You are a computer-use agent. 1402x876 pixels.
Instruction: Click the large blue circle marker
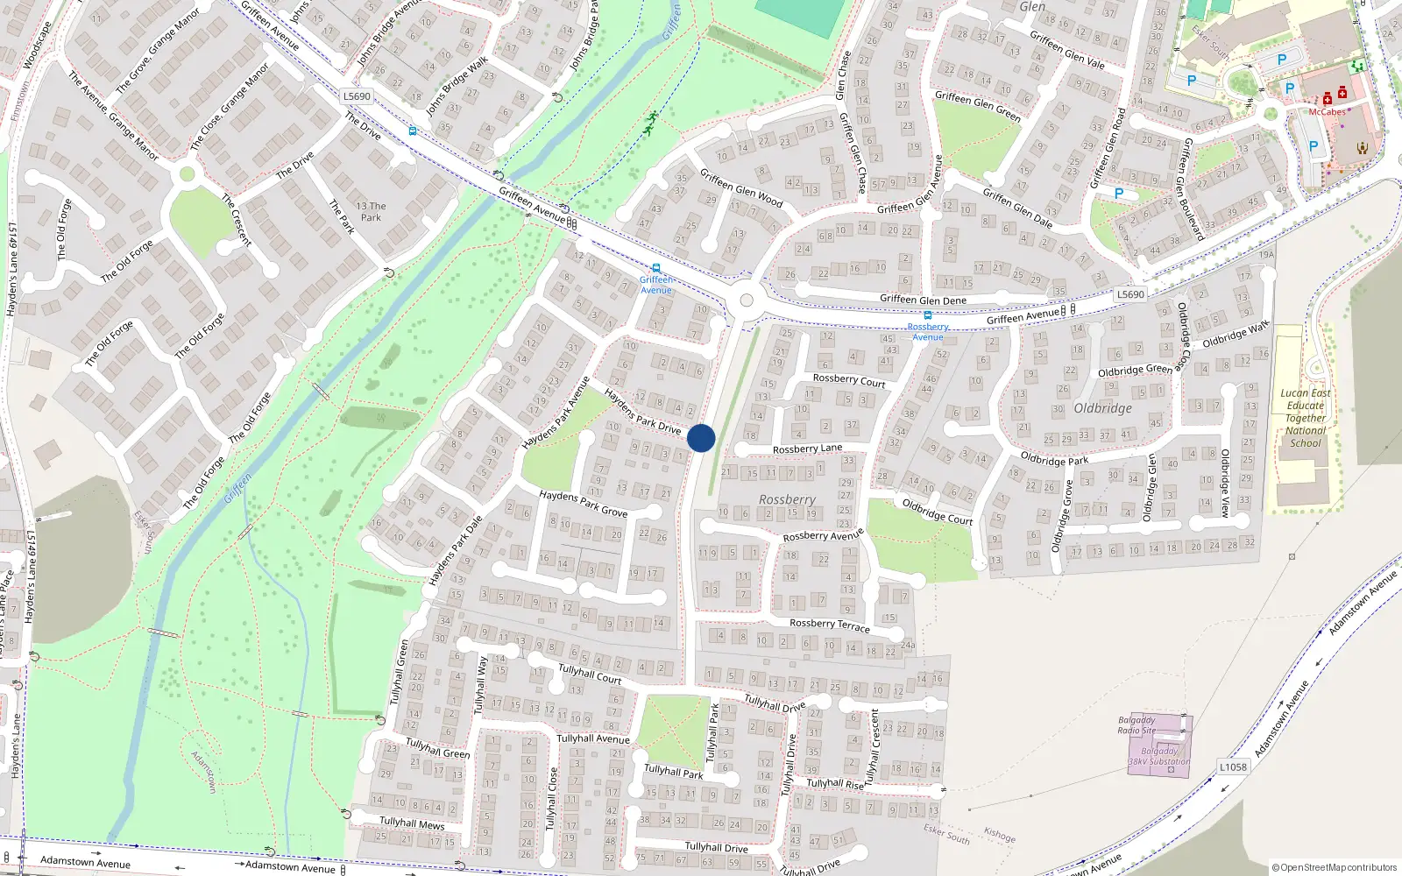(x=701, y=438)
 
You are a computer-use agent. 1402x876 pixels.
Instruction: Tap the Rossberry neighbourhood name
(x=787, y=499)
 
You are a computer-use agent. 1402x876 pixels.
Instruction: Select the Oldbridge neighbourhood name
(x=1102, y=408)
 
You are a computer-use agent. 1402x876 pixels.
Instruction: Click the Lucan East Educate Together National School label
(x=1306, y=418)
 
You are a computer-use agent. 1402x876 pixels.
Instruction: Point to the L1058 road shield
(x=1233, y=767)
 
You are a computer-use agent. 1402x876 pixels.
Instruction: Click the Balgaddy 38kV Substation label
(x=1158, y=756)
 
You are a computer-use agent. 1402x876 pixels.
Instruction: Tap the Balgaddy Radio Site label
(x=1136, y=725)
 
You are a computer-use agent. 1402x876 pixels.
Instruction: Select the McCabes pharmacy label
(x=1327, y=112)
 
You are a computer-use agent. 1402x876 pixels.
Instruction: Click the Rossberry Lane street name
(x=807, y=449)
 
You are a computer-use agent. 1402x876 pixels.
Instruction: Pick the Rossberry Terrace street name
(x=830, y=625)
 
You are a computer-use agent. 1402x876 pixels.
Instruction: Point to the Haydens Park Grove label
(x=583, y=503)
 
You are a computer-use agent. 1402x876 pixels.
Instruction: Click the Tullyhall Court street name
(x=590, y=674)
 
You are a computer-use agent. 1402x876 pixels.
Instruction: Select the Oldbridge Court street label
(x=937, y=512)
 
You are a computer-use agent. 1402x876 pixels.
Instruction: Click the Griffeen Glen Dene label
(x=923, y=300)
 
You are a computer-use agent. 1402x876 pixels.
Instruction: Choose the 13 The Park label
(x=371, y=212)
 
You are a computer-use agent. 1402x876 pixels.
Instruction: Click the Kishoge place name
(x=999, y=836)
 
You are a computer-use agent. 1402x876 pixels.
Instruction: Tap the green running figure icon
(x=650, y=123)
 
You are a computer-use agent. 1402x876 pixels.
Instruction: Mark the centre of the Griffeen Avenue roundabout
(x=747, y=300)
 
